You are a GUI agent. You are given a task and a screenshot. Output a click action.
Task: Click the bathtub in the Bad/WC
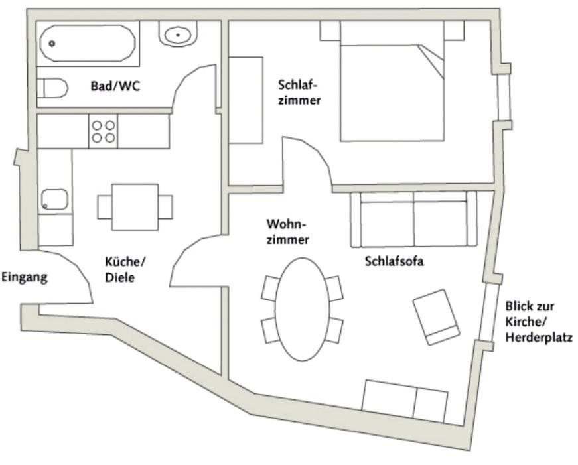click(x=88, y=43)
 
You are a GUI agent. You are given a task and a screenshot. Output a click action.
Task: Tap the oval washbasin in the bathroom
click(x=177, y=34)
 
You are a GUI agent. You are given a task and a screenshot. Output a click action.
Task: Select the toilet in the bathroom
click(x=53, y=88)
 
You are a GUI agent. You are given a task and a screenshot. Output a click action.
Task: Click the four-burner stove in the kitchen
click(x=103, y=131)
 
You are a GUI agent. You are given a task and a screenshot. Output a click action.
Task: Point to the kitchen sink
click(x=54, y=199)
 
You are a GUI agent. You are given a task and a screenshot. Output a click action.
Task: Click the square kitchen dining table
click(x=135, y=206)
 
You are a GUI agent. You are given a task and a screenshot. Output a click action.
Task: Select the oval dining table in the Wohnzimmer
click(x=302, y=308)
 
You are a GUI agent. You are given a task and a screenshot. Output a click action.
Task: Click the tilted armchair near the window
click(x=436, y=316)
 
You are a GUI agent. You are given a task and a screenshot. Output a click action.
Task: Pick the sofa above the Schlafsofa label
click(x=414, y=219)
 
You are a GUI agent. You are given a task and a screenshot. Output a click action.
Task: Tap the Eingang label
click(x=25, y=277)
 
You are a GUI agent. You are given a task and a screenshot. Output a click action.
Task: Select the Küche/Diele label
click(x=124, y=269)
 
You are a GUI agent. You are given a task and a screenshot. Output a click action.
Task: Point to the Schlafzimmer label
click(x=299, y=93)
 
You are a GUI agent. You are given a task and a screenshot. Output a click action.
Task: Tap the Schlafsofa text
click(x=394, y=261)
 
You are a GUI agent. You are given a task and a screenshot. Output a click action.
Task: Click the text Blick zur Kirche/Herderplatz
click(x=538, y=322)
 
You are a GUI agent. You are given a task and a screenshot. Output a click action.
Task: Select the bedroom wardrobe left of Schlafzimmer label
click(x=246, y=100)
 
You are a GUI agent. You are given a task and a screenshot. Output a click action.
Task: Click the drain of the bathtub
click(x=52, y=44)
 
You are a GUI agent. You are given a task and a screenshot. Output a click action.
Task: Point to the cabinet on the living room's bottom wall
click(x=405, y=401)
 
